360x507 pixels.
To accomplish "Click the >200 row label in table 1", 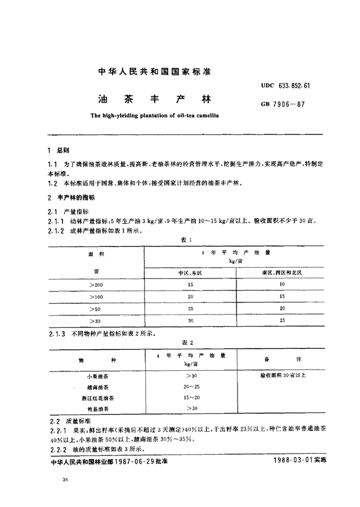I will click(x=95, y=285).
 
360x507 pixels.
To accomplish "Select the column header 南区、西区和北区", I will click(x=283, y=272).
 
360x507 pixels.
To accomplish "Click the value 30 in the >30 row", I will click(x=190, y=321).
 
